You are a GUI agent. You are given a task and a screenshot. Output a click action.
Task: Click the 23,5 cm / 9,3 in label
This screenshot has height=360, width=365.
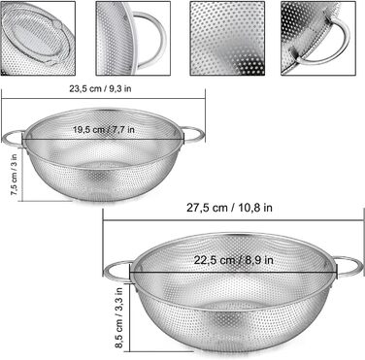click(100, 88)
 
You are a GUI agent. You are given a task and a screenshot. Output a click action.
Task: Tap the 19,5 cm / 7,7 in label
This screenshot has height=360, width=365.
click(104, 130)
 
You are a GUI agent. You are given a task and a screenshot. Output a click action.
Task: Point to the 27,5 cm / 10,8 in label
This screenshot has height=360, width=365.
click(229, 208)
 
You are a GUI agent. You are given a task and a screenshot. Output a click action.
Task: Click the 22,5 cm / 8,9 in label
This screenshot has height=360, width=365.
click(233, 260)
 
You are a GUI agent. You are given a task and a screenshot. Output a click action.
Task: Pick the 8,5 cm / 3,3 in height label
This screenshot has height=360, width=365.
click(118, 317)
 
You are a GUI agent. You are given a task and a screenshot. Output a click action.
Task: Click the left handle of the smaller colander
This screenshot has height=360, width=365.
click(13, 138)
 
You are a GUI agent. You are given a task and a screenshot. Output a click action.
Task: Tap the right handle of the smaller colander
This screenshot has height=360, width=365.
click(194, 134)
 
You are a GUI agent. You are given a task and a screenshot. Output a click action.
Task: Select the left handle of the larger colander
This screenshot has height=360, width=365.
click(116, 270)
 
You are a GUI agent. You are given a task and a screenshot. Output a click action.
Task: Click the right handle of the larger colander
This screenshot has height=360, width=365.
click(348, 267)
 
